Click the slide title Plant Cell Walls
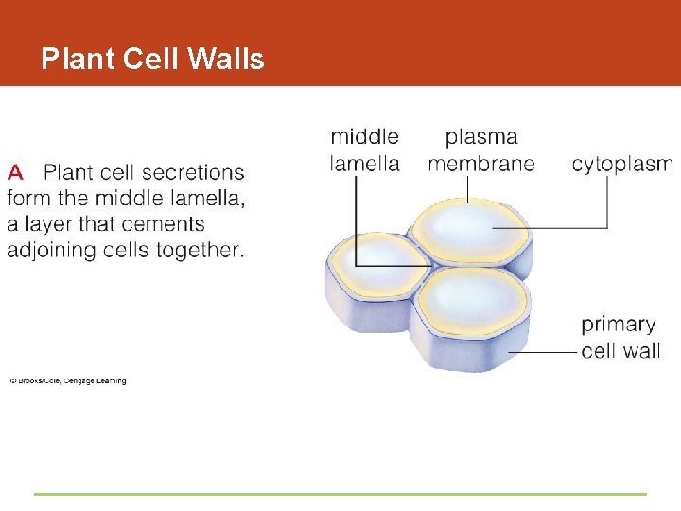(x=152, y=60)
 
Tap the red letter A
(x=15, y=172)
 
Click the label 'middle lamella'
(x=364, y=150)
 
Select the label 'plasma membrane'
(x=480, y=150)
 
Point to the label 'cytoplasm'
(x=621, y=164)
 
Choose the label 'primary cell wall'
(x=620, y=337)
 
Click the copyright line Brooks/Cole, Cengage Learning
(x=68, y=381)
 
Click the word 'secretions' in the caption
(x=193, y=172)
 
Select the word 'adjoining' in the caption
(x=48, y=250)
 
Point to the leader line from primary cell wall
(x=544, y=352)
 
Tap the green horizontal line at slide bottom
(x=340, y=494)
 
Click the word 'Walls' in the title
(x=226, y=60)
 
